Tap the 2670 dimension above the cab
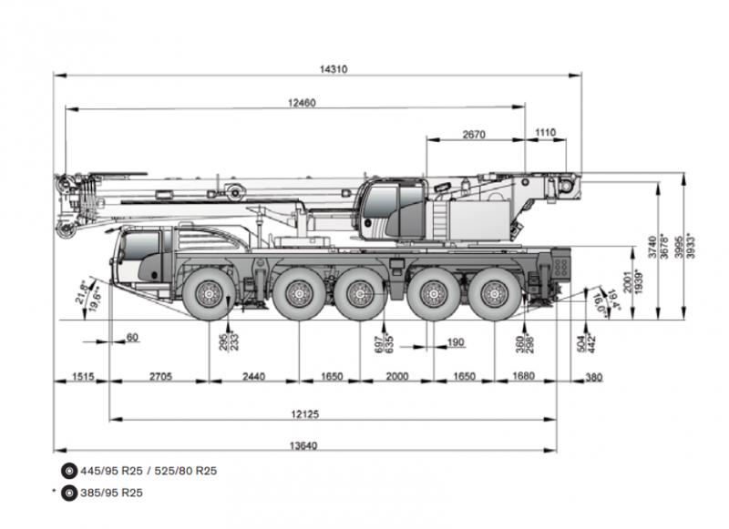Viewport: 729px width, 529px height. pyautogui.click(x=473, y=134)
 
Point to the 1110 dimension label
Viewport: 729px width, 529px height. pyautogui.click(x=544, y=134)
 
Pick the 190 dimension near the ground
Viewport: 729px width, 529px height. pyautogui.click(x=456, y=342)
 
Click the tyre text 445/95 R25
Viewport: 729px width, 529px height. pyautogui.click(x=107, y=471)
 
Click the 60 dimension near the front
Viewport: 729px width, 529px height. pyautogui.click(x=133, y=338)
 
